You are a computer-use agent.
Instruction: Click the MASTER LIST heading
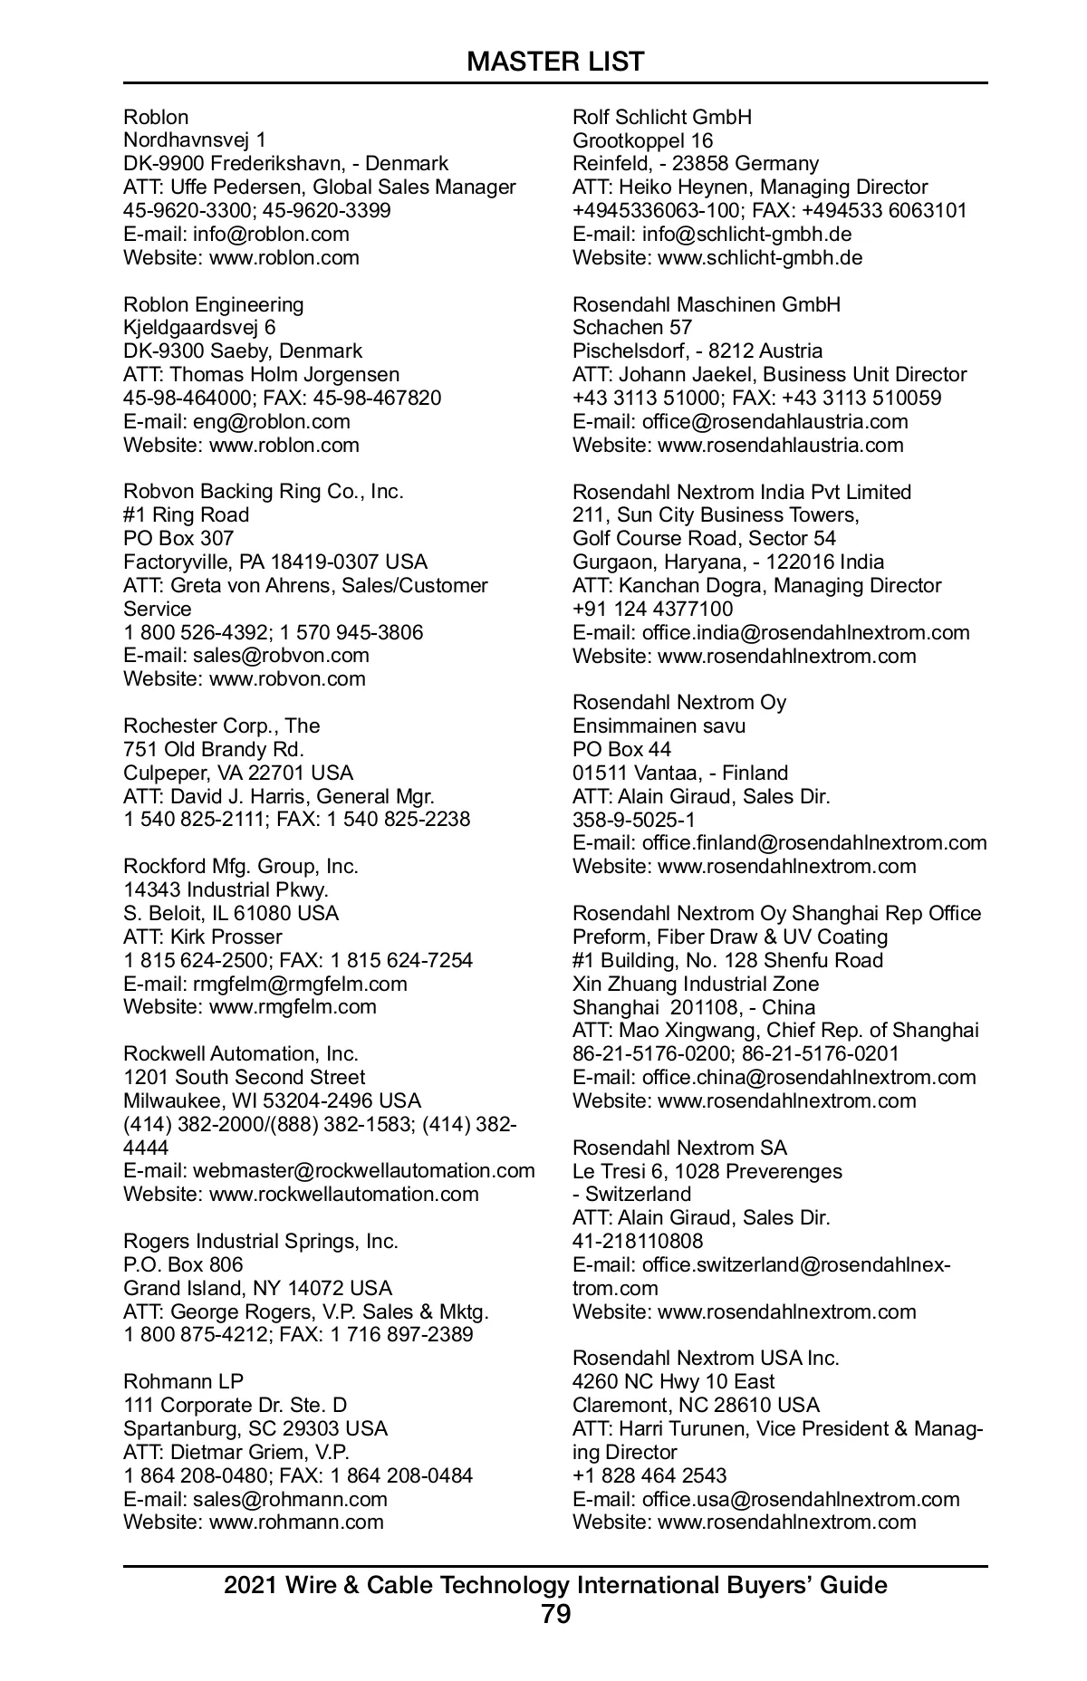click(555, 62)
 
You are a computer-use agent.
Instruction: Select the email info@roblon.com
click(271, 234)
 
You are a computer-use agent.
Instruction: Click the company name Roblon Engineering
click(214, 304)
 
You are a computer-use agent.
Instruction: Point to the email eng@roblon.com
click(271, 421)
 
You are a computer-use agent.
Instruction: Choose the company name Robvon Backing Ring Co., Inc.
click(264, 491)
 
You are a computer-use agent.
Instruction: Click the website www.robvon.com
click(287, 678)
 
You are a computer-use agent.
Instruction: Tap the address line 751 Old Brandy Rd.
click(214, 749)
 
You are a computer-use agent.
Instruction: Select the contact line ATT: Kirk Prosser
click(203, 937)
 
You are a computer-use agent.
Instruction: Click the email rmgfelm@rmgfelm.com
click(300, 984)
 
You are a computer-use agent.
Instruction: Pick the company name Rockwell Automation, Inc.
click(241, 1053)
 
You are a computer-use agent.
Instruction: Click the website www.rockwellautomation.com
click(343, 1194)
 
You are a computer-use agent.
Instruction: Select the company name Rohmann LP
click(184, 1381)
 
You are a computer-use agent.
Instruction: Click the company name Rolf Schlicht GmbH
click(662, 117)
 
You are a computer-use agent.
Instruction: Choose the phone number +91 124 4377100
click(653, 609)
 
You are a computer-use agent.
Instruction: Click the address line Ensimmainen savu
click(659, 725)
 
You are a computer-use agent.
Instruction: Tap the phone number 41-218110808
click(638, 1241)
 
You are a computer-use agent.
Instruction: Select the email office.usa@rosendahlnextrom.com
click(801, 1499)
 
